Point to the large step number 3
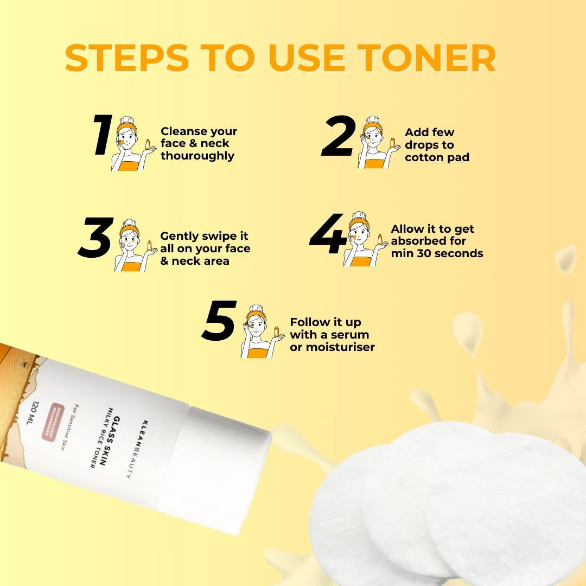pyautogui.click(x=95, y=238)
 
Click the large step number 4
pyautogui.click(x=328, y=235)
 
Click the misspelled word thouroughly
pyautogui.click(x=198, y=156)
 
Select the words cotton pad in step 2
pyautogui.click(x=437, y=158)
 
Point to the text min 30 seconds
pyautogui.click(x=437, y=253)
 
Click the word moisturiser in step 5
pyautogui.click(x=340, y=347)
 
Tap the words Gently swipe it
pyautogui.click(x=204, y=236)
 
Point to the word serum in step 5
pyautogui.click(x=351, y=335)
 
